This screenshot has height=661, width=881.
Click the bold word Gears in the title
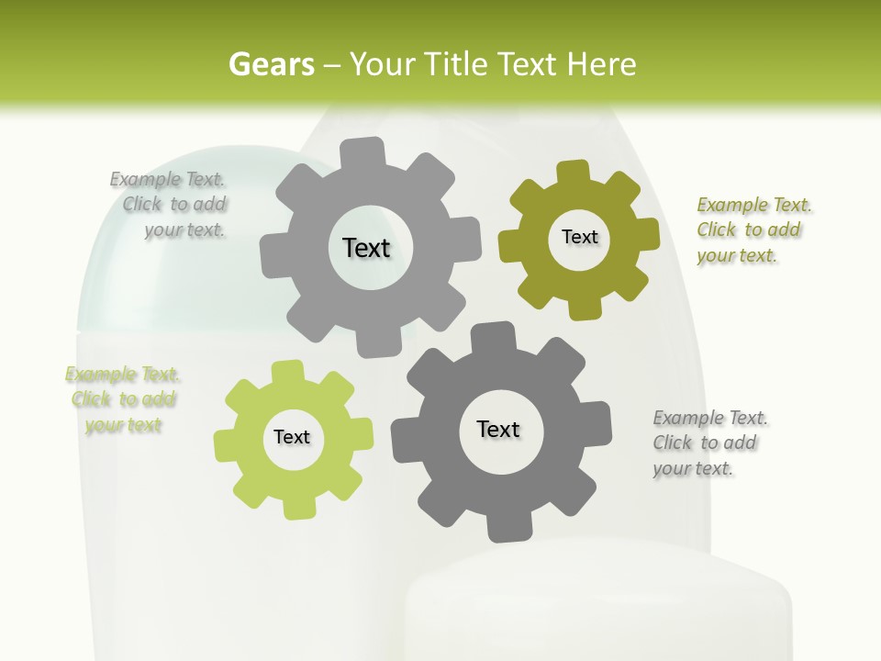click(x=271, y=64)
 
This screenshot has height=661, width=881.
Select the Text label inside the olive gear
click(x=579, y=237)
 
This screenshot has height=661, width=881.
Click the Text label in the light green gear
click(x=292, y=437)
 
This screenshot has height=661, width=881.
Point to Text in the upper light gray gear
click(x=366, y=248)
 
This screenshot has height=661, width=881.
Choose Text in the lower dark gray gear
click(x=498, y=429)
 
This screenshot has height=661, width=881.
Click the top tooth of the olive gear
click(x=574, y=173)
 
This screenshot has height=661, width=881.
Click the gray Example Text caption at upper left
click(x=169, y=205)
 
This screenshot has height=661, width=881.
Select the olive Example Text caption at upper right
click(x=753, y=230)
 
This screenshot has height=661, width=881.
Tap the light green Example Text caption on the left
click(x=123, y=399)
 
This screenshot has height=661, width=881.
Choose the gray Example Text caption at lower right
click(x=709, y=443)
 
